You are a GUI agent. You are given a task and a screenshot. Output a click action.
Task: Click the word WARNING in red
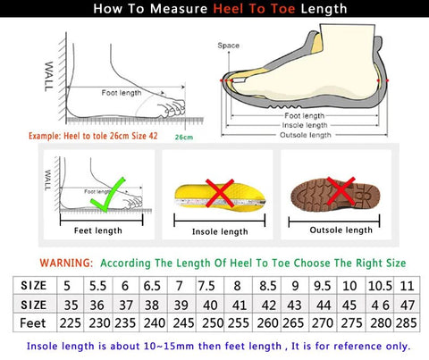pos(66,264)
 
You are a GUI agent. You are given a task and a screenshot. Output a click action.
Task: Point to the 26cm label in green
pos(184,138)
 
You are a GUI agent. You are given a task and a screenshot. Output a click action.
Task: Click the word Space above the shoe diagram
pos(228,45)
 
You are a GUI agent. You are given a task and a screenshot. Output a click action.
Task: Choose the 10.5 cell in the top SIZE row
pos(380,287)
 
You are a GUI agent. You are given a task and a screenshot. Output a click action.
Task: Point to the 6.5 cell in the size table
pos(152,287)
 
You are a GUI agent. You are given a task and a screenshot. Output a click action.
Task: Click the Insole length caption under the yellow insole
pos(221,231)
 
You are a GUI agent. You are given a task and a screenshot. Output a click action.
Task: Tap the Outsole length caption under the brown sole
pos(340,230)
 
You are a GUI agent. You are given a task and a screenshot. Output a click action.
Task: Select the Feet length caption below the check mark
pos(97,230)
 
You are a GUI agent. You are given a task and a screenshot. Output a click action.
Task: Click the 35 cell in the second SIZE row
pos(69,305)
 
